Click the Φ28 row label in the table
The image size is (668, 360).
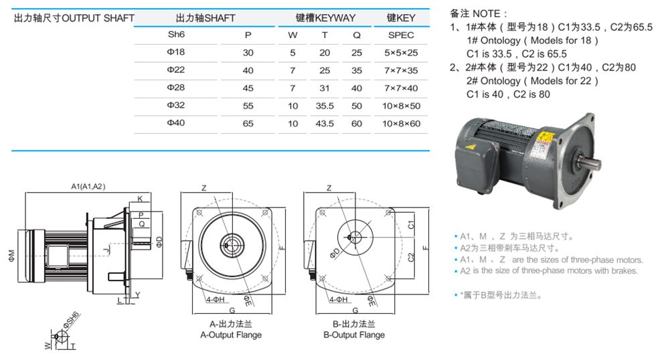[175, 88]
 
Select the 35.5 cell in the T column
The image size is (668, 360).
[325, 106]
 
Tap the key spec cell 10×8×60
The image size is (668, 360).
[401, 124]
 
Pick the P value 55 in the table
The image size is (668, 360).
[248, 106]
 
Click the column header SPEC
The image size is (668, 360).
[401, 35]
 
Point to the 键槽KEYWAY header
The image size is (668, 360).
[325, 18]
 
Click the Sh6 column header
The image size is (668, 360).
[176, 35]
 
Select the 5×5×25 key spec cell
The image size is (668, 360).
[401, 53]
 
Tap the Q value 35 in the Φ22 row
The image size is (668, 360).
[357, 70]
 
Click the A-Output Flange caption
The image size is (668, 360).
[231, 335]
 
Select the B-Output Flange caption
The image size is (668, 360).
[354, 335]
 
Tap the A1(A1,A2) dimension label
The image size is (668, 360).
[88, 186]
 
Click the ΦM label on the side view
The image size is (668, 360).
[11, 255]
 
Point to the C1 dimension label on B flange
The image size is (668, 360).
[411, 225]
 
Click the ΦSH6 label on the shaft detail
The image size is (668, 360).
[71, 320]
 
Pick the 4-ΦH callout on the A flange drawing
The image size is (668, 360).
[216, 300]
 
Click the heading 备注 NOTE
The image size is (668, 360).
[479, 13]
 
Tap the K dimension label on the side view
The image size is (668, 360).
[140, 199]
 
